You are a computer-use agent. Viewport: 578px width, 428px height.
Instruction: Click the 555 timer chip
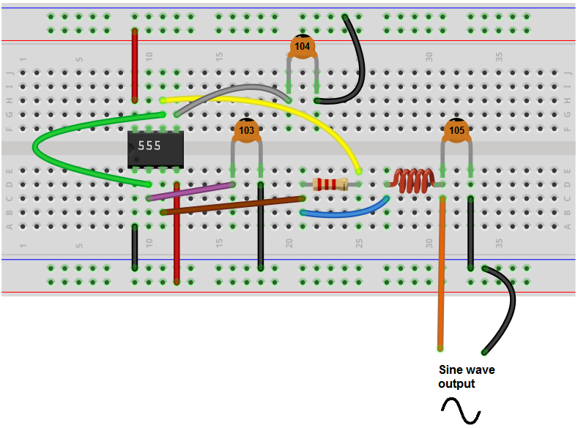[x=155, y=147]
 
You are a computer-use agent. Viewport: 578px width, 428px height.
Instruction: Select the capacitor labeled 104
[x=302, y=46]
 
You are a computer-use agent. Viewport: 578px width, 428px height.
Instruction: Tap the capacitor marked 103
[x=247, y=131]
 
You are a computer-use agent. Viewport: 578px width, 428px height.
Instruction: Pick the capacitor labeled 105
[x=456, y=131]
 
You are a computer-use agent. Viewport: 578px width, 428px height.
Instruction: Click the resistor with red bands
[x=330, y=184]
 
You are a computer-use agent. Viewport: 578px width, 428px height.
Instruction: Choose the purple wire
[x=190, y=192]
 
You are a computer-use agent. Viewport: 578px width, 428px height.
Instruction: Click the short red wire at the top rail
[x=134, y=66]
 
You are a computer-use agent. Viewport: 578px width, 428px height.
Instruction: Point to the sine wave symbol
[x=460, y=410]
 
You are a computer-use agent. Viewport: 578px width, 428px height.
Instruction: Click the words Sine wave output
[x=466, y=377]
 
